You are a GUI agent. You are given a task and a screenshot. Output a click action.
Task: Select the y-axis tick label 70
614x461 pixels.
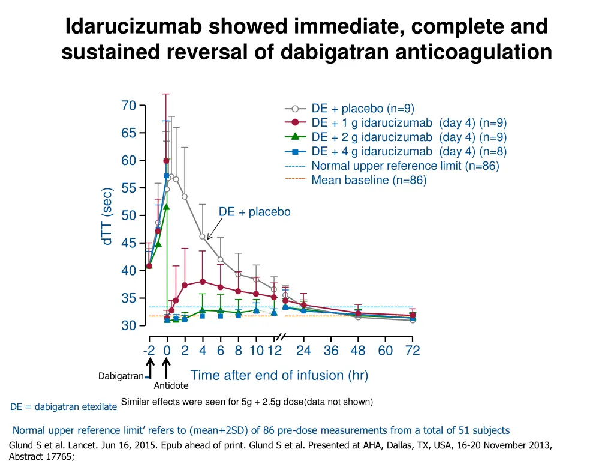click(128, 106)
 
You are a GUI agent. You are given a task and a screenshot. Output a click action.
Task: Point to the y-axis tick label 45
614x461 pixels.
click(128, 243)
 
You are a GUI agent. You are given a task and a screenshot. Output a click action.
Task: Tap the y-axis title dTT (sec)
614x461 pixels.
click(107, 216)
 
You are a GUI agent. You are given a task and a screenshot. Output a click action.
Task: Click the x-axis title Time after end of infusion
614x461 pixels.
click(279, 376)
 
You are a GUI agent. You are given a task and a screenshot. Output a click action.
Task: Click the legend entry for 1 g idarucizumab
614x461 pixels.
click(409, 123)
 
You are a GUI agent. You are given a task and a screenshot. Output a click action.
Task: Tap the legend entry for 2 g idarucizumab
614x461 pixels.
click(409, 137)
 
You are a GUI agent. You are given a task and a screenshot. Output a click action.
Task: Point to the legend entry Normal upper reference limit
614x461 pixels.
click(405, 166)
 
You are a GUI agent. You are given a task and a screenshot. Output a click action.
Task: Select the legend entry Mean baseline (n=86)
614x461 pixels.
click(369, 180)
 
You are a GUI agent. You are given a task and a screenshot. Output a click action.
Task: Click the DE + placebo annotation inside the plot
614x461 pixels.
click(254, 212)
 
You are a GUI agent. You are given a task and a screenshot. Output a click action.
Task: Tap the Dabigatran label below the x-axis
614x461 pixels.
click(121, 376)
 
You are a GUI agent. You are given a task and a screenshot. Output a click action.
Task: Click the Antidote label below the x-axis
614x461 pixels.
click(171, 386)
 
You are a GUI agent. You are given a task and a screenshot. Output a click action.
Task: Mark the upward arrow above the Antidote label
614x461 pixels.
click(167, 368)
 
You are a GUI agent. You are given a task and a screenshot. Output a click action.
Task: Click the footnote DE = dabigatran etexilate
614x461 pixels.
click(64, 407)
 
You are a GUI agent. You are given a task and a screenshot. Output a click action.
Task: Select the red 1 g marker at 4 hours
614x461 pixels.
click(203, 281)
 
